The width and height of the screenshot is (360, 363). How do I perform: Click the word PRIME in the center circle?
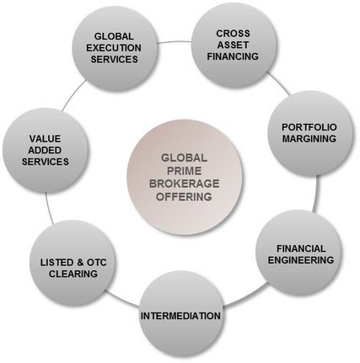coord(185,171)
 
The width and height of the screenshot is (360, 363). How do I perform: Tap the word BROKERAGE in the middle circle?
coord(184,184)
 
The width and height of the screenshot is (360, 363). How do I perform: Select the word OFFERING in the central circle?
coord(184,196)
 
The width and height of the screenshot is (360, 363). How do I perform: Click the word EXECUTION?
coord(114,48)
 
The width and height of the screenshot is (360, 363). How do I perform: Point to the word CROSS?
coord(233,34)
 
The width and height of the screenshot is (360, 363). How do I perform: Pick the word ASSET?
coord(233,45)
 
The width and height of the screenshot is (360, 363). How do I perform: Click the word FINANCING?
coord(233,56)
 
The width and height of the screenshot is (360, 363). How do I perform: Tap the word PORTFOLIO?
coord(309,127)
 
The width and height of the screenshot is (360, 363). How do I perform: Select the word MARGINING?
coord(309,139)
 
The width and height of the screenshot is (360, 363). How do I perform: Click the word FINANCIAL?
coord(301,248)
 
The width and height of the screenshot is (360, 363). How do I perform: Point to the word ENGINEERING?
coord(301,260)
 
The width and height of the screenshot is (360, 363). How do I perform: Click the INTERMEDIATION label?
coord(180,316)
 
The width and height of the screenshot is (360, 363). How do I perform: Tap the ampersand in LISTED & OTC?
coord(81,263)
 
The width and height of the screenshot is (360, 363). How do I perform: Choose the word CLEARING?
coord(73,274)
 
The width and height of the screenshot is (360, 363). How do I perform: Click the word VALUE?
coord(45,139)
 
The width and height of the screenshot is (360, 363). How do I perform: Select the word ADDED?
coord(45,150)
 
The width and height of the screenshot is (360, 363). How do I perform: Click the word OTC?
coord(97,263)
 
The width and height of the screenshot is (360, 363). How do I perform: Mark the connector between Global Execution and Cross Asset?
coord(174,42)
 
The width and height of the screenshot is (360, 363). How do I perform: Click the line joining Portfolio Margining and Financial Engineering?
coord(317,194)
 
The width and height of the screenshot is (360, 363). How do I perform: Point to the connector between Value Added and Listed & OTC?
coord(48,208)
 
